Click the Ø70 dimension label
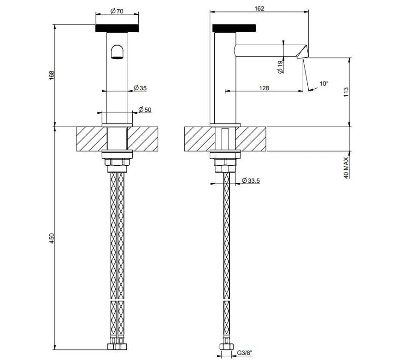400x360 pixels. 117,12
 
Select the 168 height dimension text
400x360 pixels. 52,75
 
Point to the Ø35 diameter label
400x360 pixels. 140,88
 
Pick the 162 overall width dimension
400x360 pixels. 259,8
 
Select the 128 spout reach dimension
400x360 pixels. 264,88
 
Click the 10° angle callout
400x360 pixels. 324,84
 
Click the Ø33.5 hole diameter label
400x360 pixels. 251,181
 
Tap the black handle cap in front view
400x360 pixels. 117,28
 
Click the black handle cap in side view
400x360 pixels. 234,28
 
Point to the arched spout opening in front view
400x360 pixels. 117,51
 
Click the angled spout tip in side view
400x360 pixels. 302,52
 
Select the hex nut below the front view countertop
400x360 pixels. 117,163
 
